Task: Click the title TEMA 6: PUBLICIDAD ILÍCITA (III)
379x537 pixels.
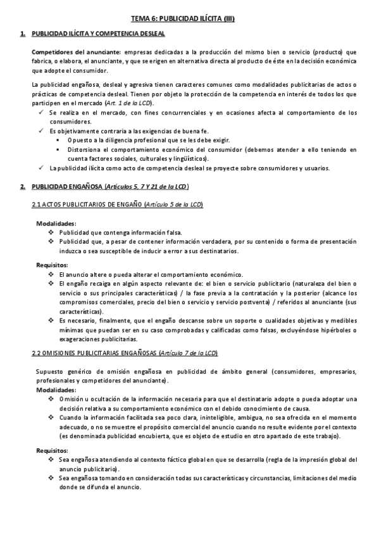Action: pos(190,19)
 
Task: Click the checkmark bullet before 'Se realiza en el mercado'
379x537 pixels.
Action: pos(40,113)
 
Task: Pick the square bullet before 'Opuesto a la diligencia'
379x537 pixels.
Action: pos(59,139)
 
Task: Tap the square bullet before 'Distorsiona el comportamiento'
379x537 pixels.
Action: pos(59,149)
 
